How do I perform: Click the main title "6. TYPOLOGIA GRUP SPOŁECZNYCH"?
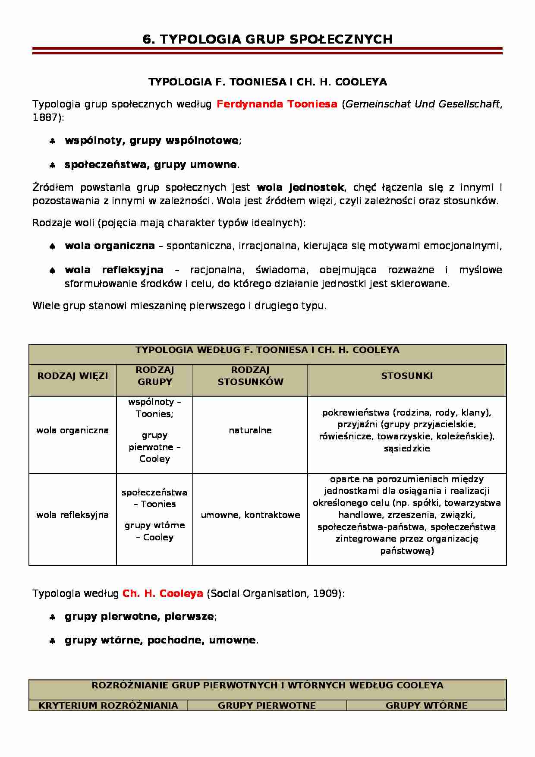(x=267, y=39)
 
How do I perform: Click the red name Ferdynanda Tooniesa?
(x=277, y=104)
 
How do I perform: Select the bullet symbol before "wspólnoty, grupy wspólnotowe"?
(x=52, y=141)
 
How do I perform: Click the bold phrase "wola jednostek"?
(x=300, y=187)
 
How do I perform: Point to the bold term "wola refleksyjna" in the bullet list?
(x=114, y=270)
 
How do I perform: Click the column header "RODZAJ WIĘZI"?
(x=72, y=376)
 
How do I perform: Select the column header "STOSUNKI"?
(x=406, y=376)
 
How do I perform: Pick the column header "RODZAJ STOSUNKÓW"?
(x=250, y=376)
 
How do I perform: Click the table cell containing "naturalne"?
(x=250, y=430)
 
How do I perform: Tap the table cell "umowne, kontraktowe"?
(x=250, y=515)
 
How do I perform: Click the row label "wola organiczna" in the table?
(x=72, y=430)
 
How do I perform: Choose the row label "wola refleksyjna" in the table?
(x=72, y=515)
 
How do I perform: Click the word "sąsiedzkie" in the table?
(x=406, y=448)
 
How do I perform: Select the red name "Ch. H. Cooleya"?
(x=163, y=593)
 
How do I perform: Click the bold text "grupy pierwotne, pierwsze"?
(x=139, y=616)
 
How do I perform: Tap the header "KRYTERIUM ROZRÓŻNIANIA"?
(x=108, y=706)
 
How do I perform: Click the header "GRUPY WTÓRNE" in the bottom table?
(x=426, y=706)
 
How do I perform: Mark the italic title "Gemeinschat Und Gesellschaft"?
(x=423, y=104)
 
